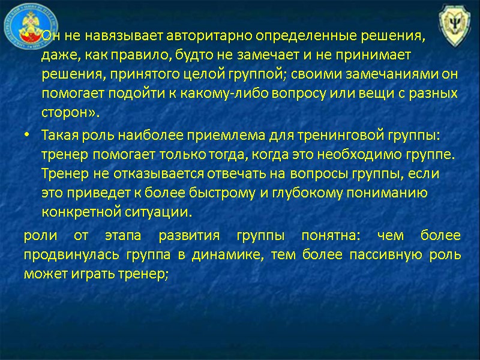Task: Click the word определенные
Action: coord(283,37)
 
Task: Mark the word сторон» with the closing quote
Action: coord(71,113)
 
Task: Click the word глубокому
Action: coord(312,194)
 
